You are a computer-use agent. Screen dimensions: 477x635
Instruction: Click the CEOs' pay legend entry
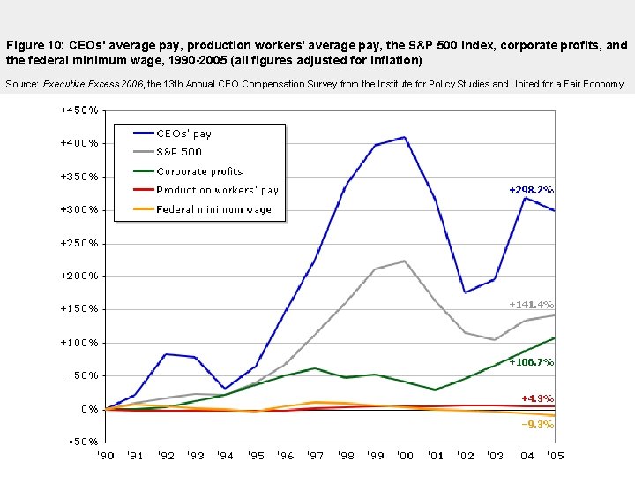tap(183, 133)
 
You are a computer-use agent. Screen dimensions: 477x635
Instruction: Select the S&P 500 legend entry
tap(179, 152)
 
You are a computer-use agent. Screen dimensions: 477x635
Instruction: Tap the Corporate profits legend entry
tap(199, 171)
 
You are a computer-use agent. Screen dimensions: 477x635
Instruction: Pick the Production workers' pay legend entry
tap(217, 190)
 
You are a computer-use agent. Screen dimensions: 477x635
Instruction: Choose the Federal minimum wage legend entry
tap(213, 209)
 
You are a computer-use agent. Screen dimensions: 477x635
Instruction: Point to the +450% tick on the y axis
tap(78, 110)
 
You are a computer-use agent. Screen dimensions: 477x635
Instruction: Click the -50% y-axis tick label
tap(82, 441)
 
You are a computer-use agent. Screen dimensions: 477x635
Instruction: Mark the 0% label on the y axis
tap(89, 408)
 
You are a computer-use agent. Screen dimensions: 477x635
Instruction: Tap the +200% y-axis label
tap(78, 276)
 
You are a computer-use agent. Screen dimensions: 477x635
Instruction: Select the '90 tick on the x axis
tap(105, 456)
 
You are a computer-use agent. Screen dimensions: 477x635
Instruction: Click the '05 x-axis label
tap(554, 456)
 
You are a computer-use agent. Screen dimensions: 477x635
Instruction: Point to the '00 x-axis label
tap(405, 456)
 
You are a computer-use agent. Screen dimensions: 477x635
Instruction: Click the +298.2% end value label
tap(531, 190)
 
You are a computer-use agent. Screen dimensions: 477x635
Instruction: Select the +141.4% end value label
tap(531, 305)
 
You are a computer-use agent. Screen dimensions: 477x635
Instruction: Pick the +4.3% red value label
tap(537, 398)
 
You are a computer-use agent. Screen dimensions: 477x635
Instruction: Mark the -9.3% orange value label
tap(537, 424)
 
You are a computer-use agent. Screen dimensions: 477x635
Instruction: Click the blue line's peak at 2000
tap(404, 137)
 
